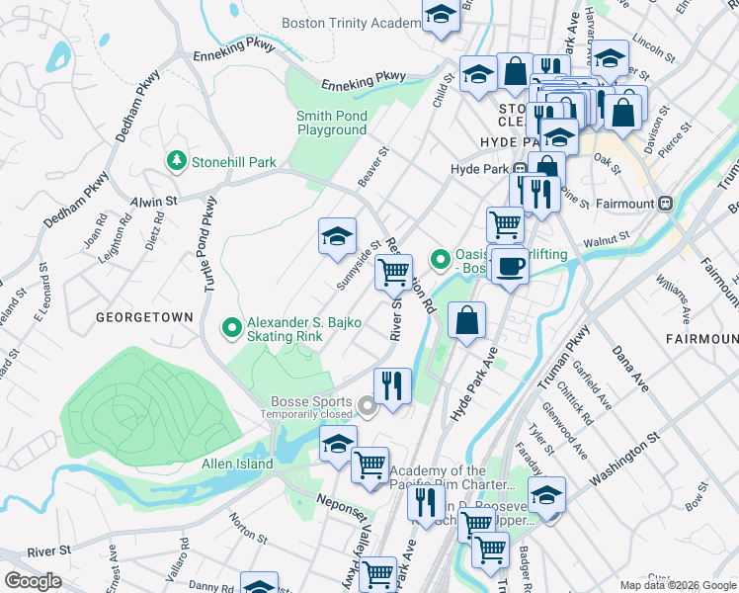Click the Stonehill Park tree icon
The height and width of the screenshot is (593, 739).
pos(176,159)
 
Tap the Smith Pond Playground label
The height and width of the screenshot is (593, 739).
pos(332,123)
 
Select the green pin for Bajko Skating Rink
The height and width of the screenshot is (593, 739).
pos(232,327)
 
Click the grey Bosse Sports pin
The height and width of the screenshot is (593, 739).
pos(367,405)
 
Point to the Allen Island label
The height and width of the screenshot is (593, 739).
pos(237,464)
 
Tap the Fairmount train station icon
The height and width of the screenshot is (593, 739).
pos(666,204)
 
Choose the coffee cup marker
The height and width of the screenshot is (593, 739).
pos(510,266)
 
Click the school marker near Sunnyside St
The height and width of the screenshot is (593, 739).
pos(337,237)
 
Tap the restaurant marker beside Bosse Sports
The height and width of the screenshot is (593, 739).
pos(392,385)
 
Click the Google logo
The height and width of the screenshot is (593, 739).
pos(33,580)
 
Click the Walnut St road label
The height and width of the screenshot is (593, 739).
pos(606,238)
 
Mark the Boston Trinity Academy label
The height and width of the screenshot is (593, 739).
pos(352,23)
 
